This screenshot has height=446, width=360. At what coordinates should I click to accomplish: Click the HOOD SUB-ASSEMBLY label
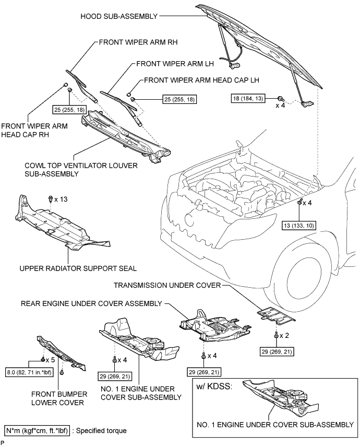[119, 16]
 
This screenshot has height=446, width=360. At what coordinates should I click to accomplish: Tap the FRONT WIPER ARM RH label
[138, 42]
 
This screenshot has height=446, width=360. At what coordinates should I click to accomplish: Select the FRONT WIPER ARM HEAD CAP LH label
[201, 80]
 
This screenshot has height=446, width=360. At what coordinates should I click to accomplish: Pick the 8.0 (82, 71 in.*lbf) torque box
[29, 372]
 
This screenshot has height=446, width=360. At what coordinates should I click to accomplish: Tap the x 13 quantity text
[61, 199]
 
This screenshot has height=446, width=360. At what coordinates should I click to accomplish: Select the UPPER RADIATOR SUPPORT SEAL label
[78, 268]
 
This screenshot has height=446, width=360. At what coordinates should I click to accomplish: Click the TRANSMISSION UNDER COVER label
[167, 285]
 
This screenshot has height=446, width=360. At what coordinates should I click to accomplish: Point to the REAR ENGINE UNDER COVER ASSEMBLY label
[91, 304]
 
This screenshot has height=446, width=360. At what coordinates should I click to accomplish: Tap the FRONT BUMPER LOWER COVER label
[59, 398]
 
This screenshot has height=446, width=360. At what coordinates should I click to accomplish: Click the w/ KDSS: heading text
[214, 386]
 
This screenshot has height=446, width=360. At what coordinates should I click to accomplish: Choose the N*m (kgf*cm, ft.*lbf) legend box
[37, 431]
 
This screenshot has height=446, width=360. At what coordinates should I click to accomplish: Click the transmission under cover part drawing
[276, 315]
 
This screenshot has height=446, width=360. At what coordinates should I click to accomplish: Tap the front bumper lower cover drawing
[61, 353]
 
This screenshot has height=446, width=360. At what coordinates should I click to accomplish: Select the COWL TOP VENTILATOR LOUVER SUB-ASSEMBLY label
[81, 170]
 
